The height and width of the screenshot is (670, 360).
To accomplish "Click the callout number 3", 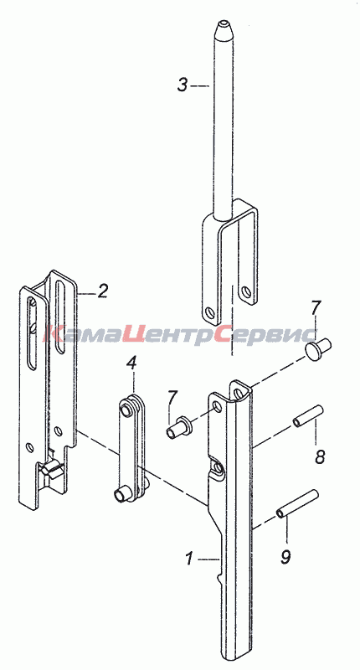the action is tap(183, 85).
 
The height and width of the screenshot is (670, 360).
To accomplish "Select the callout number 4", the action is tap(131, 363).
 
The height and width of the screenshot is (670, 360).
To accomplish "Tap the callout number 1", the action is tap(189, 559).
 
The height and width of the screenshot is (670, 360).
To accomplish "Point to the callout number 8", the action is tap(320, 456).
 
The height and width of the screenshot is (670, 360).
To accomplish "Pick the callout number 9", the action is tap(286, 556).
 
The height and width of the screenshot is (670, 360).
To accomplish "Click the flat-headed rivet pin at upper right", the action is tap(319, 346).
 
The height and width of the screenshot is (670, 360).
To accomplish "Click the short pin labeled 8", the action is tap(308, 415).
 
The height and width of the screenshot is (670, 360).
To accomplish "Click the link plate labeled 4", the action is tap(133, 448).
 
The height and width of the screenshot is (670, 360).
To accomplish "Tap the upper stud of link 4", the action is tap(126, 406).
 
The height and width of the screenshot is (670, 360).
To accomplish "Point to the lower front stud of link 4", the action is tap(122, 494).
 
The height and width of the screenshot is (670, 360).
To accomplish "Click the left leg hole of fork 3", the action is tap(209, 312).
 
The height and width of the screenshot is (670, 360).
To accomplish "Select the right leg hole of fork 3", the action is tap(245, 292).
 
